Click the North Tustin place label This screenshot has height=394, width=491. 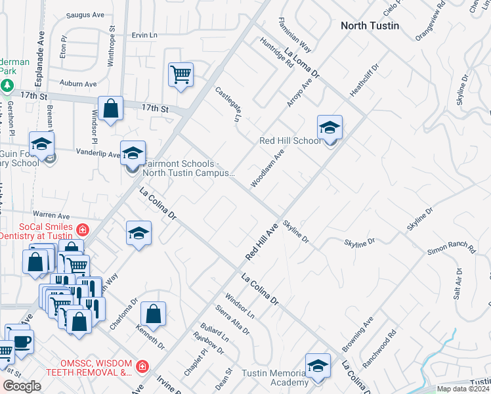[x=369, y=26]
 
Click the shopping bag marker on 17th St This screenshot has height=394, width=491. [x=111, y=109]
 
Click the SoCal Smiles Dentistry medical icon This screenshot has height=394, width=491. [x=83, y=229]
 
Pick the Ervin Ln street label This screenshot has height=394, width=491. [x=145, y=35]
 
